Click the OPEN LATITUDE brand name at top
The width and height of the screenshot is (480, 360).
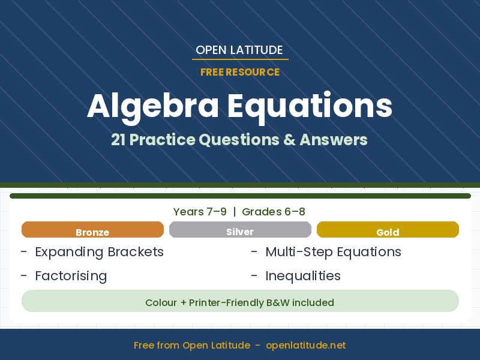coord(239,50)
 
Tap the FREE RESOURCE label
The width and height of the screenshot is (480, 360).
coord(240,72)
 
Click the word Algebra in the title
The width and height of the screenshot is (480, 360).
coord(152,106)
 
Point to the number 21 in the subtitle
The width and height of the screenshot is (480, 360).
coord(118,140)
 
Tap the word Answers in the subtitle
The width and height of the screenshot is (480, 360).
coord(333,140)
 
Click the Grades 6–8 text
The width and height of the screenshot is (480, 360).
coord(274,212)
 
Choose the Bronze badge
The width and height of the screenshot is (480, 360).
coord(92,230)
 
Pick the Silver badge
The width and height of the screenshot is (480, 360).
coord(240,230)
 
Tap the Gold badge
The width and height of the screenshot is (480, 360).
coord(388,230)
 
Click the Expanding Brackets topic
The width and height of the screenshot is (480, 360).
coord(99,252)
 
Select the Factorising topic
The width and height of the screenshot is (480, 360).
coord(71,276)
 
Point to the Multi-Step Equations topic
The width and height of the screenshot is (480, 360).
coord(333,252)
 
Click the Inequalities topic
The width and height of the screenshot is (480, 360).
coord(303,276)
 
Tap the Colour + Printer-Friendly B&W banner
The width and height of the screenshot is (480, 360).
coord(240,302)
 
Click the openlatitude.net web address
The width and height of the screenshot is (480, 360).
coord(306,346)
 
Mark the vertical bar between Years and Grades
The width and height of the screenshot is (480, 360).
coord(234,212)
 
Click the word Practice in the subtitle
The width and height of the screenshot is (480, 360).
coord(163,140)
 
